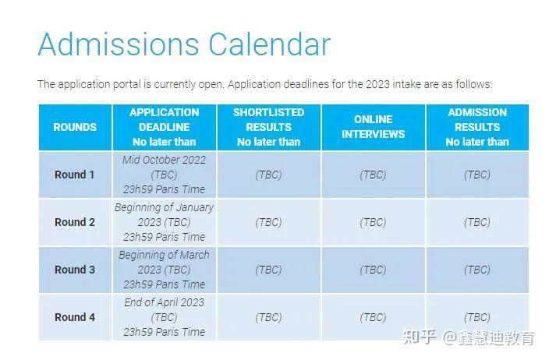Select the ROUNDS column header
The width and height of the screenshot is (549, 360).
(75, 127)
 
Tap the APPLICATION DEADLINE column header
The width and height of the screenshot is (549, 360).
(164, 127)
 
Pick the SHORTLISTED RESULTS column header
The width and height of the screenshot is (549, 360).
(268, 127)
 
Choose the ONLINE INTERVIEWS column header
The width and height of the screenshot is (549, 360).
(374, 126)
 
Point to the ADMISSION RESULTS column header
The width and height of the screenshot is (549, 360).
(477, 127)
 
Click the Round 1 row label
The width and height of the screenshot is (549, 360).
(75, 175)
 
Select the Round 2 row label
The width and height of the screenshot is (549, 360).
(75, 222)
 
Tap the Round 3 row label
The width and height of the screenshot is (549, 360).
(75, 270)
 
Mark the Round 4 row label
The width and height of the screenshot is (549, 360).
(75, 317)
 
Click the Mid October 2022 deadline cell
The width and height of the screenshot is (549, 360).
(164, 175)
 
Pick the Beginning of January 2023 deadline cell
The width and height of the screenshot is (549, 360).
(164, 222)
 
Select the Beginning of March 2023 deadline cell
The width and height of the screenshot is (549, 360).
(164, 270)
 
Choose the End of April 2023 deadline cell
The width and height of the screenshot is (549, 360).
(164, 317)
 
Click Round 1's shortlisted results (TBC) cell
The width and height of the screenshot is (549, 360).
(268, 175)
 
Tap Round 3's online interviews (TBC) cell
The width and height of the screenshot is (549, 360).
(374, 270)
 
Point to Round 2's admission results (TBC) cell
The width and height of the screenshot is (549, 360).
(477, 222)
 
